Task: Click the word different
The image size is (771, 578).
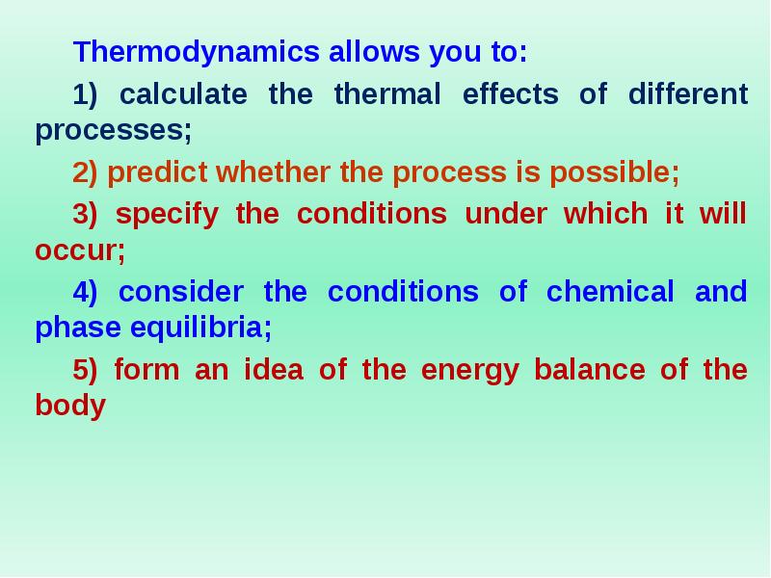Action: pos(687,94)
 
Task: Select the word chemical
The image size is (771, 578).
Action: pos(610,292)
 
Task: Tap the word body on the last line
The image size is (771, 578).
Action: pos(69,406)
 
